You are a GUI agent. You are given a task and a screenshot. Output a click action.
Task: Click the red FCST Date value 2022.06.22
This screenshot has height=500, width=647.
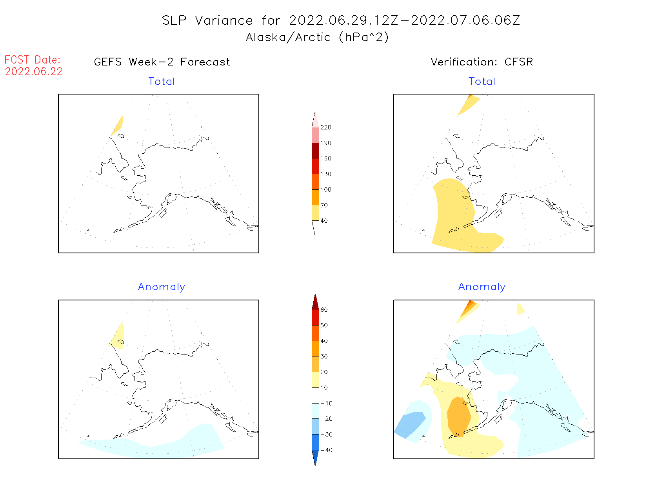click(34, 72)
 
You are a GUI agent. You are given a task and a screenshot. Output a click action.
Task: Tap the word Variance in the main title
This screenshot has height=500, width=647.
click(224, 20)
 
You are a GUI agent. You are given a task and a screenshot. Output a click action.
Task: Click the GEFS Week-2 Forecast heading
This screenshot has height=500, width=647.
click(162, 62)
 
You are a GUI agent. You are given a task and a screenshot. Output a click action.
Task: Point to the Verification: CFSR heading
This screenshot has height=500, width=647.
click(482, 62)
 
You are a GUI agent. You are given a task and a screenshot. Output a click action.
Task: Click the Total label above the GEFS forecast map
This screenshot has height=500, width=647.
click(162, 82)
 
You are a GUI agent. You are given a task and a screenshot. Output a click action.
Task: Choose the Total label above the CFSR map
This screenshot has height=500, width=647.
click(482, 82)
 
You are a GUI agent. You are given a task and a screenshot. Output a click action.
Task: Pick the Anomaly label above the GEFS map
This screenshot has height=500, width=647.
click(161, 287)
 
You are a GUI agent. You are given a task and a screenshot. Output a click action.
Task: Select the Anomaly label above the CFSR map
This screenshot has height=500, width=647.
click(482, 287)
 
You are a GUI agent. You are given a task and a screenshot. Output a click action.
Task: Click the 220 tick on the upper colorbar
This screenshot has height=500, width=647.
click(325, 127)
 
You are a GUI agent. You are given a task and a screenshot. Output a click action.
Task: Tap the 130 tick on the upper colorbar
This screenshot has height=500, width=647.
click(325, 174)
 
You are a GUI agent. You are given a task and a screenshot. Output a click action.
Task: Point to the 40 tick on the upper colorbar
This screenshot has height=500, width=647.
click(324, 221)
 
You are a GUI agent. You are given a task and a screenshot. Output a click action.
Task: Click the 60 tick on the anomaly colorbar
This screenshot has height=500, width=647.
click(324, 310)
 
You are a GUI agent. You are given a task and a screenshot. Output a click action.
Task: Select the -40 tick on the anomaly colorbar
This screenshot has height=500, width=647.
click(326, 450)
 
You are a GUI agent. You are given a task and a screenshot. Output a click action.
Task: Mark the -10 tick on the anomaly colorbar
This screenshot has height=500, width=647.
click(326, 403)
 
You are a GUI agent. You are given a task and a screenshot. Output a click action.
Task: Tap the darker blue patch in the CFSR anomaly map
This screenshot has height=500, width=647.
click(410, 424)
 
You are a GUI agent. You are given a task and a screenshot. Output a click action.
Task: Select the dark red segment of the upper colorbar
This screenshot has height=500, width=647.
click(315, 151)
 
